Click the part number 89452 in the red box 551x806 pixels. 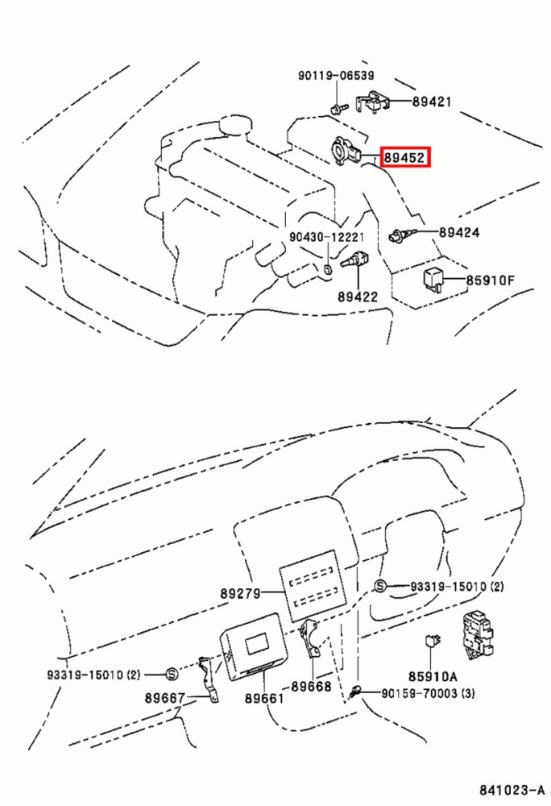point(404,157)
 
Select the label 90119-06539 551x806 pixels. point(337,76)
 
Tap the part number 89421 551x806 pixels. point(432,102)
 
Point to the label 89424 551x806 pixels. point(459,233)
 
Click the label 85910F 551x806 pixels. point(491,280)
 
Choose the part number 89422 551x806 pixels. point(358,297)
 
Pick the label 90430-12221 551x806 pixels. point(326,238)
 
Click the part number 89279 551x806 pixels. point(240,594)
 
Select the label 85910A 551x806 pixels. point(433,676)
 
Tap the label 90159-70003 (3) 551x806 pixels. point(428,693)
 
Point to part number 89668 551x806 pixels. point(311,686)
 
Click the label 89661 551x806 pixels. point(264,698)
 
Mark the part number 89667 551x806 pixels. point(164,697)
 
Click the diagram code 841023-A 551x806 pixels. point(512,790)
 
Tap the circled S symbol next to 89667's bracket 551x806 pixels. point(172,674)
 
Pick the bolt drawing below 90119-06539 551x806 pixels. point(338,109)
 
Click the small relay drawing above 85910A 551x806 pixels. point(431,641)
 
